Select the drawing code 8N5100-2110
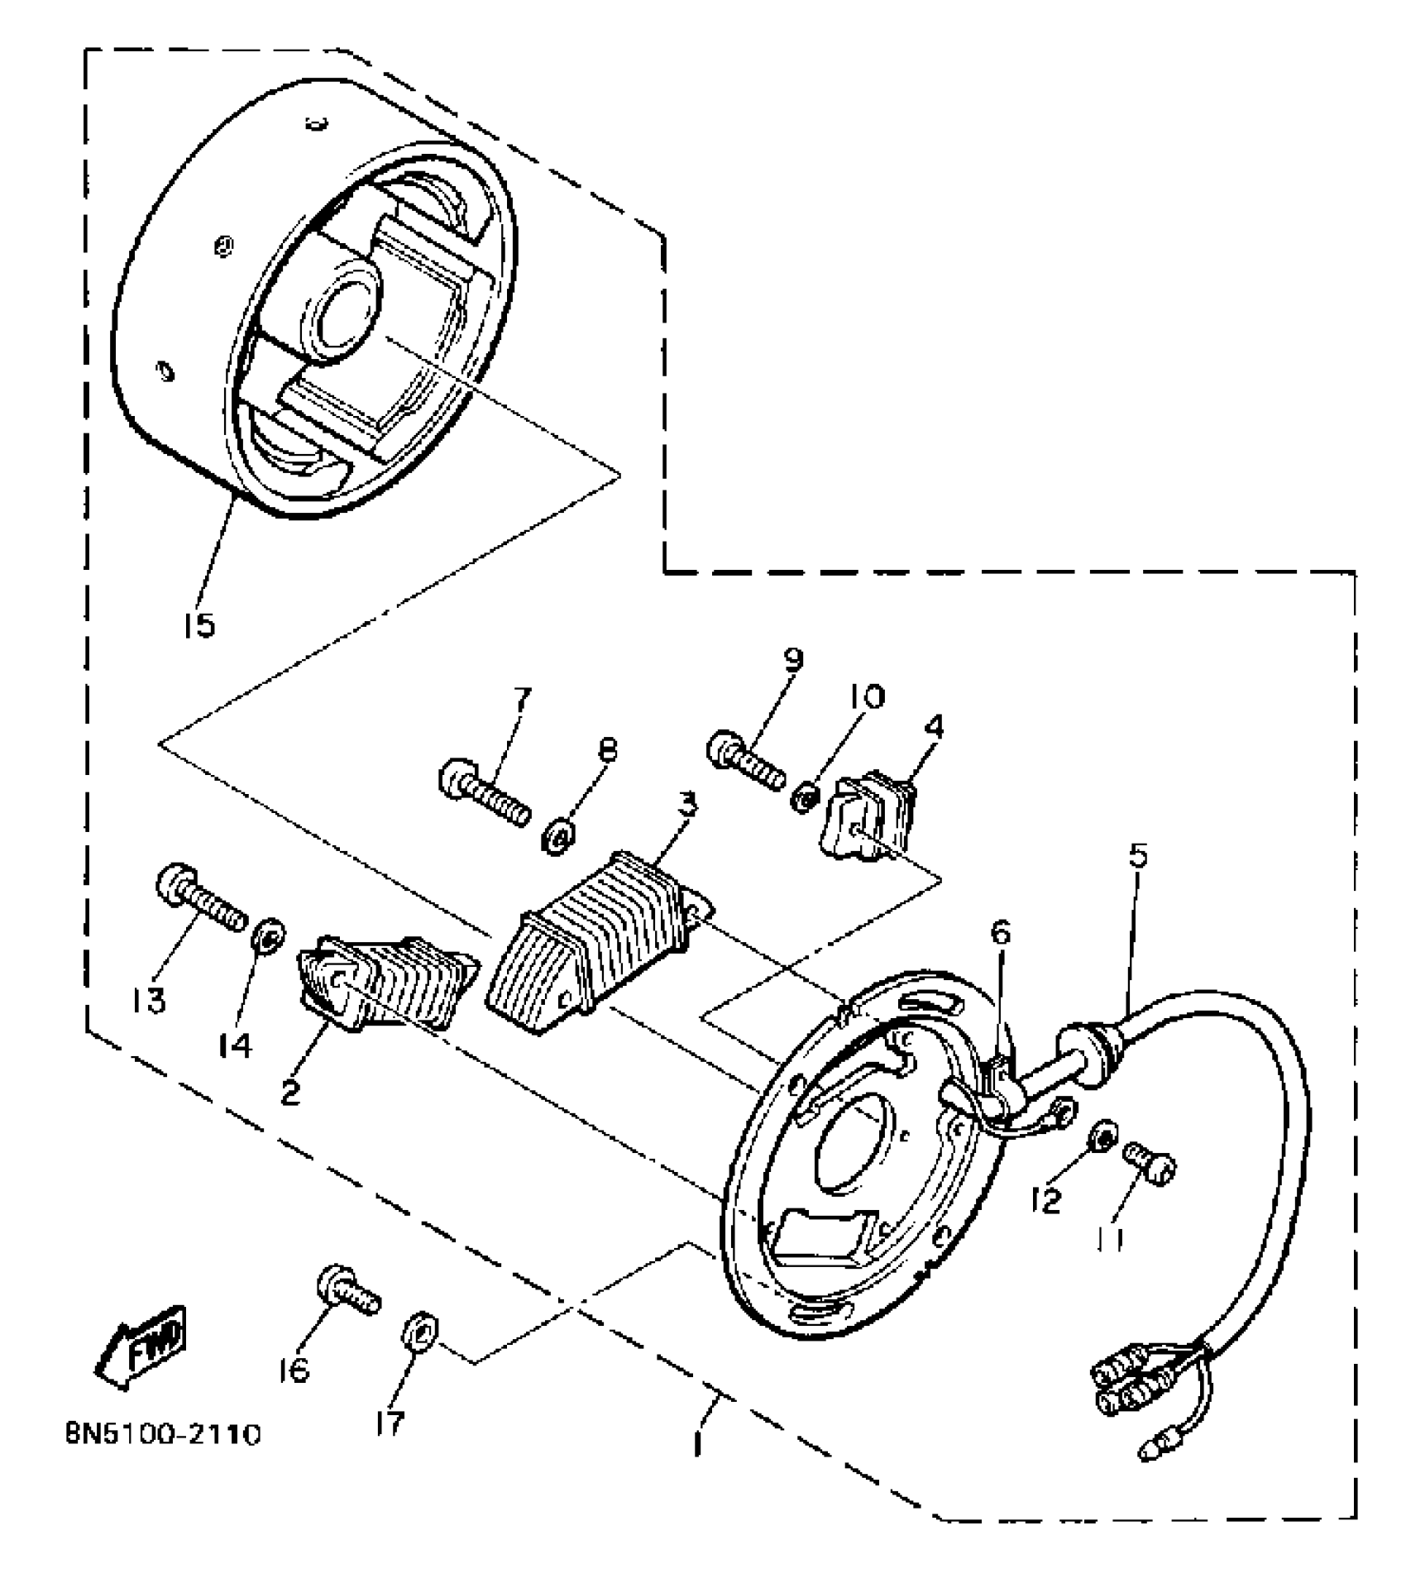tap(163, 1456)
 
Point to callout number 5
tap(1139, 855)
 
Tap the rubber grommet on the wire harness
tap(1085, 1045)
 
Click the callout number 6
tap(1001, 934)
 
